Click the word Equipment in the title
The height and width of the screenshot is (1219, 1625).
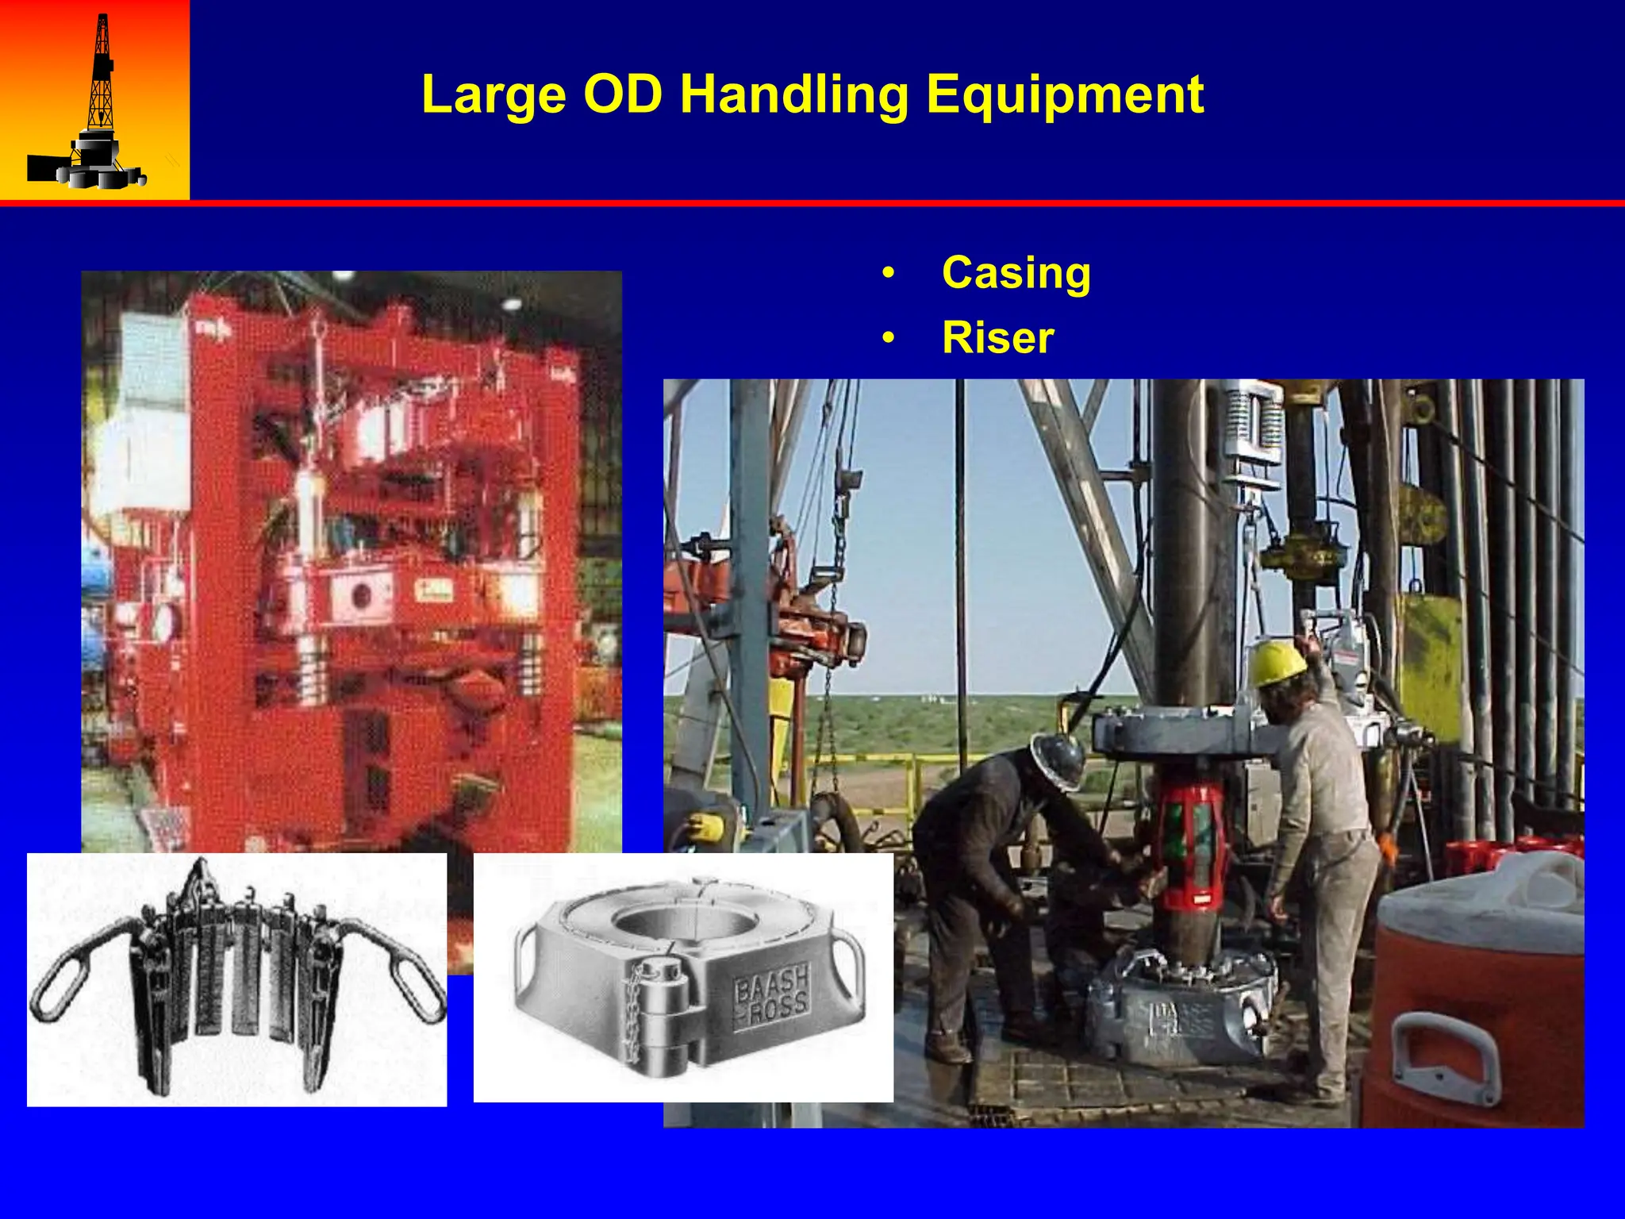pos(1065,95)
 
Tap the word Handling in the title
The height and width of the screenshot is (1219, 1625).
pos(794,95)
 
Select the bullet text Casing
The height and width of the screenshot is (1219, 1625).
pos(1016,273)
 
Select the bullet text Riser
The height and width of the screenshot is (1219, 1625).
pos(997,338)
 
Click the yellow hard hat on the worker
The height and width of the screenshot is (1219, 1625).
pos(1277,663)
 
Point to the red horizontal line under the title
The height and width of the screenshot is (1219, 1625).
pos(812,203)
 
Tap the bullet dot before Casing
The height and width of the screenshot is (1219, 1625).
pos(888,274)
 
